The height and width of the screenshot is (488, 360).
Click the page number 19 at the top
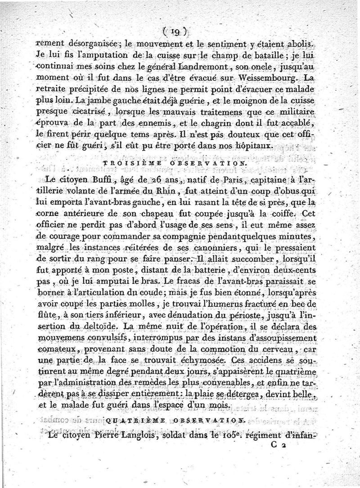(173, 31)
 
